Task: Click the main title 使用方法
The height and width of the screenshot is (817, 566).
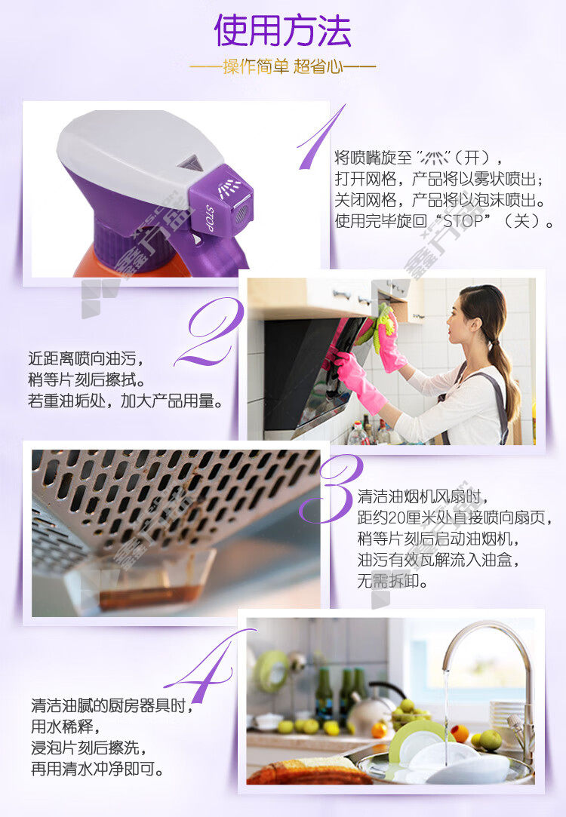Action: [282, 30]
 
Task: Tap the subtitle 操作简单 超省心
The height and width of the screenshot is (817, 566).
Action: [282, 66]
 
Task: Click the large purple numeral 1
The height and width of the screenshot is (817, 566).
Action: [318, 137]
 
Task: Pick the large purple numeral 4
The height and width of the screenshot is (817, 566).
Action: [208, 666]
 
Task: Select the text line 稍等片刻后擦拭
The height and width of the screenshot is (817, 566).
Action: [87, 380]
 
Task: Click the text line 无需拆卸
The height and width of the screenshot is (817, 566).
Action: [392, 580]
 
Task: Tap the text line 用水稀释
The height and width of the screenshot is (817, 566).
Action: [66, 726]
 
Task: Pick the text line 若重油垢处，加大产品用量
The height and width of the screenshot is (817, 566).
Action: [125, 401]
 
